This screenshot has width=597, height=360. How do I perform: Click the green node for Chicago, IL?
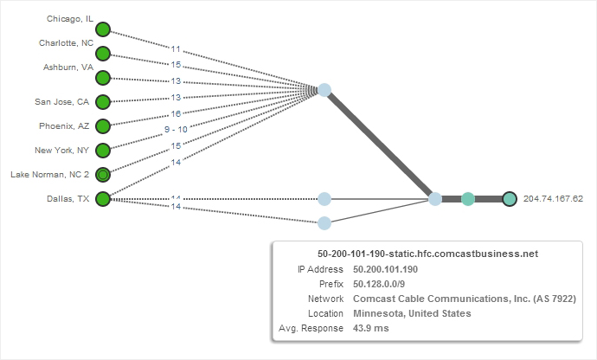[103, 29]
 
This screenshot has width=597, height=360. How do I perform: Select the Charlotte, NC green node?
[103, 54]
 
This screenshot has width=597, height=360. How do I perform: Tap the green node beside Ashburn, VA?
[103, 78]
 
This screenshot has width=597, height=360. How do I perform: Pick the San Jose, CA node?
[103, 102]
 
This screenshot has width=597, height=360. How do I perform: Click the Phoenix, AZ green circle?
[103, 126]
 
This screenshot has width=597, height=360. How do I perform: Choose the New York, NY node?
[103, 151]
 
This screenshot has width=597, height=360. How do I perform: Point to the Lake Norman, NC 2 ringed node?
[103, 175]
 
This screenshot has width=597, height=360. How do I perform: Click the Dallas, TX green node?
[103, 199]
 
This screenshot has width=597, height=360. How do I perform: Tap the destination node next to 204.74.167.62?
[510, 199]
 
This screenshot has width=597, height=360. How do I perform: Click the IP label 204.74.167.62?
[553, 199]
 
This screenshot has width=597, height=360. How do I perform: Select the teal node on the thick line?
[468, 199]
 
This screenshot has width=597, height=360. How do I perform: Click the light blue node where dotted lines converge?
[324, 89]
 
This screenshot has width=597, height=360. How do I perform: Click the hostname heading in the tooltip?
[427, 254]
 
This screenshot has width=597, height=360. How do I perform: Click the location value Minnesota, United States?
[412, 313]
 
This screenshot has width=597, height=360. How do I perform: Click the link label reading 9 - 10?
[176, 129]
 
